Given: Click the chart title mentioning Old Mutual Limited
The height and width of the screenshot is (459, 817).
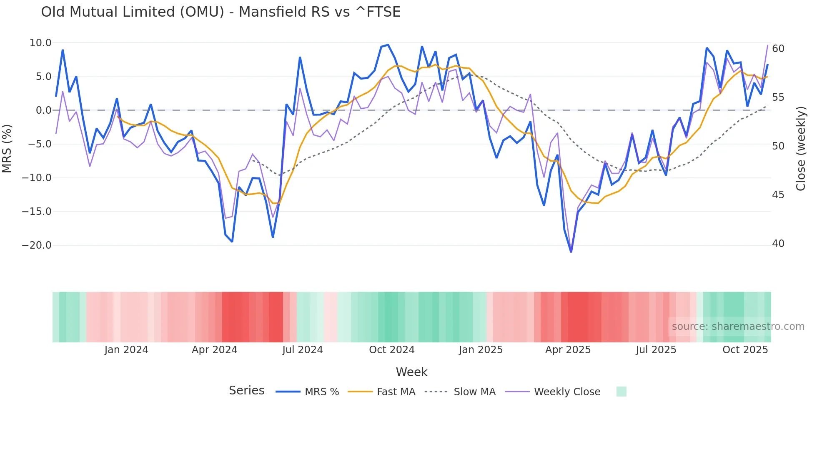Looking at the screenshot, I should tap(221, 12).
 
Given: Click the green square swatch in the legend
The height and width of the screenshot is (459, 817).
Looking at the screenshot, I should tap(621, 392).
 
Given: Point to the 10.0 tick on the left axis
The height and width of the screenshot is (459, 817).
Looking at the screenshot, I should tap(40, 43).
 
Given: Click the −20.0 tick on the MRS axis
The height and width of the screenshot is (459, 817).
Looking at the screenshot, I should tap(37, 245).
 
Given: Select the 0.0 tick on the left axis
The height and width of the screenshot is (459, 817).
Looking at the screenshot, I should tap(43, 110).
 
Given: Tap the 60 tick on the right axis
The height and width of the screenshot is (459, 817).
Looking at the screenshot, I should tap(778, 49).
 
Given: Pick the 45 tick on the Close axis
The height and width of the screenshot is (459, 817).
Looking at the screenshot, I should tap(778, 195).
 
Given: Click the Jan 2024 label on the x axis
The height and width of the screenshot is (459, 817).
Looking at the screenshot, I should tap(126, 350).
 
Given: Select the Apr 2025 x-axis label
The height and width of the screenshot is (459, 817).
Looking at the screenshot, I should tap(568, 350).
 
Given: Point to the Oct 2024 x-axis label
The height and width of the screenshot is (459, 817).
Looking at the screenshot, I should tap(391, 350).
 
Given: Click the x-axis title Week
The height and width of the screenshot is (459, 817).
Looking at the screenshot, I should tap(411, 372).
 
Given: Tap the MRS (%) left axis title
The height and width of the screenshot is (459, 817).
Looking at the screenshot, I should tap(7, 148).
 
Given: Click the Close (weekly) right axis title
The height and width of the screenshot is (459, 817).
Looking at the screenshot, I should tap(801, 149).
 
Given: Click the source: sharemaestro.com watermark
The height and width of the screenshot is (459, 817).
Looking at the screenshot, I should tap(738, 327).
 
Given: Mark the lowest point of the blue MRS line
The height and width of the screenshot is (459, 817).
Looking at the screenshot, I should tap(571, 252).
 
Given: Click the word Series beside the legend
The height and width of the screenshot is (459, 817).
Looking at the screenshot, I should tap(246, 391).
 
